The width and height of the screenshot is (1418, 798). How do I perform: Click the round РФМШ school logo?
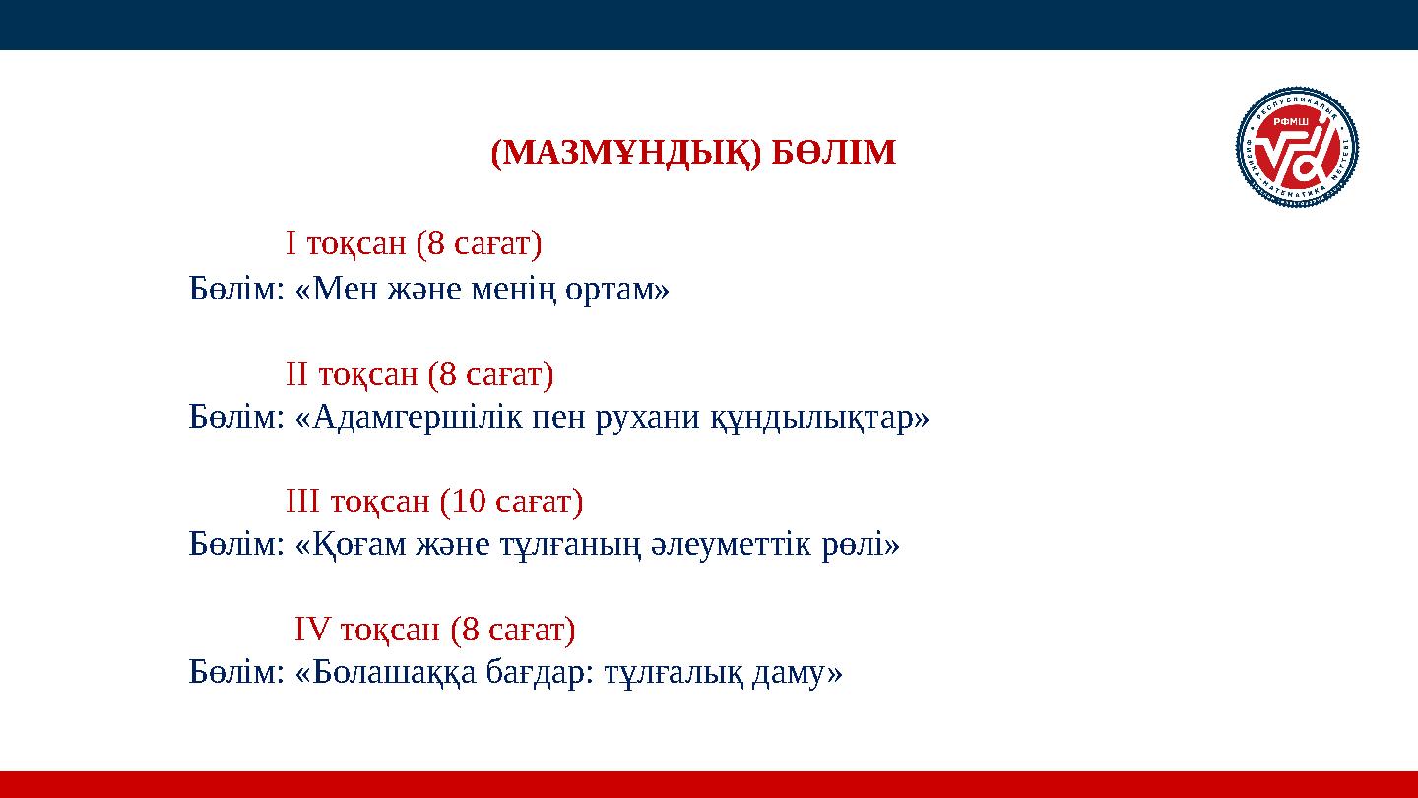(1297, 149)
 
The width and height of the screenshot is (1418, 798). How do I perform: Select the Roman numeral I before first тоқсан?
(291, 242)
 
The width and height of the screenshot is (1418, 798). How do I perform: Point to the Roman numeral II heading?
(297, 374)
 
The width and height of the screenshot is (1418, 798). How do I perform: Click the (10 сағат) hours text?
(511, 502)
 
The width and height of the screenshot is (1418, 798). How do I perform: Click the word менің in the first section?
(527, 290)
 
